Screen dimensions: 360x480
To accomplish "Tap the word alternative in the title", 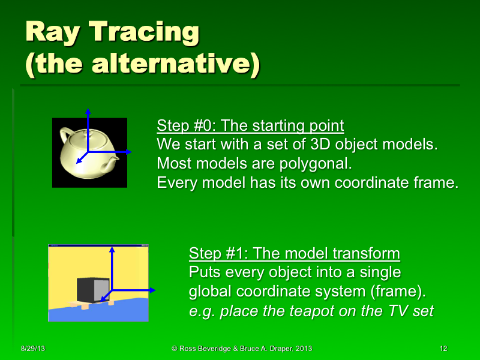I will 185,65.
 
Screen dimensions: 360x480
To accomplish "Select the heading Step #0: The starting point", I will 250,126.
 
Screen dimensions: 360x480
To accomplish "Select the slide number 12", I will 444,349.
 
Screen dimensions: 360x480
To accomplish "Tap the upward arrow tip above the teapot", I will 88,111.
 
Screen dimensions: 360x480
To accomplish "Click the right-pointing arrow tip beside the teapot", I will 130,152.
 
